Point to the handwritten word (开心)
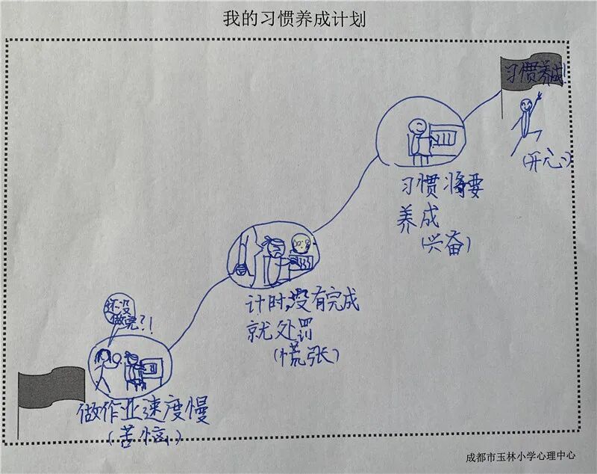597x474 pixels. tap(546, 160)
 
